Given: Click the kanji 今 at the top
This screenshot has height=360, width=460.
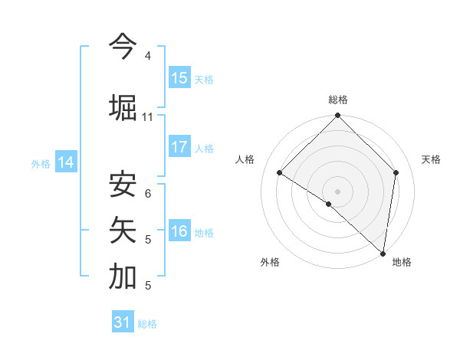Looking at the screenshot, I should (123, 47).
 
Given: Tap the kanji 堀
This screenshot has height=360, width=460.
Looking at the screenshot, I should (123, 106).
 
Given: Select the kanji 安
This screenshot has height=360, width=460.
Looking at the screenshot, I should (123, 185).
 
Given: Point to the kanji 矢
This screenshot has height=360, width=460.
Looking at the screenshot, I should (123, 231).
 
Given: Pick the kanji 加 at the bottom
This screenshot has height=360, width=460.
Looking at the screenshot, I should (123, 277).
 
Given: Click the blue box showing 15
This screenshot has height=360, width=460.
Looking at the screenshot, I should (179, 77).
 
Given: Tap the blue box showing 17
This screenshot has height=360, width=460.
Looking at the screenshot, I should (179, 147).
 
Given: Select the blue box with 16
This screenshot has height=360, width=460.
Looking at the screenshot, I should (179, 232).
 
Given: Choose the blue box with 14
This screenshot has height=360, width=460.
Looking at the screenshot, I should (66, 162).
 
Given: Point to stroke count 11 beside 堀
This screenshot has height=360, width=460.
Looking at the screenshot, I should (147, 117).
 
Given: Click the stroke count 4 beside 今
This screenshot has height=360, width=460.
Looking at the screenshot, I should (147, 56).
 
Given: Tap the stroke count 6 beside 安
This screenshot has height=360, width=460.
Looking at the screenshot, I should (147, 193).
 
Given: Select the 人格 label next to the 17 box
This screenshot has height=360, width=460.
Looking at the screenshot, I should (204, 149).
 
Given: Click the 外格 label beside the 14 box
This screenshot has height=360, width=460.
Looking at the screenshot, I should (41, 163).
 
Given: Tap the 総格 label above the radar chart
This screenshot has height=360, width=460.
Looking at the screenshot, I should (338, 100).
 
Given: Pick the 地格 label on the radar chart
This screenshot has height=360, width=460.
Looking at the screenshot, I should (402, 263).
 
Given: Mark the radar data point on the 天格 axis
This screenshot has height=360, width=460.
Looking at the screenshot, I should (396, 172).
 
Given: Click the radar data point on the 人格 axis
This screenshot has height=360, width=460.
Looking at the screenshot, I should (280, 173).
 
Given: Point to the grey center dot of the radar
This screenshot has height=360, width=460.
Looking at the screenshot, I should (338, 191).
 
